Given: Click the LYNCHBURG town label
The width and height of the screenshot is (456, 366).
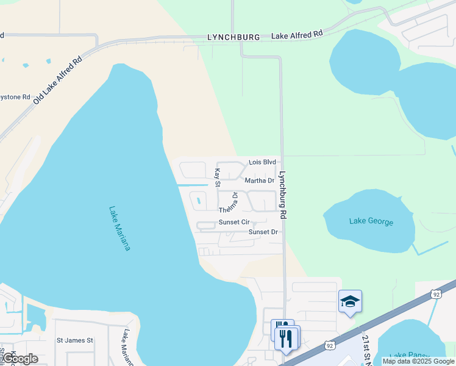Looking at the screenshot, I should pyautogui.click(x=233, y=37).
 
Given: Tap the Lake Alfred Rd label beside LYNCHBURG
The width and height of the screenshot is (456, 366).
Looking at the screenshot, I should pyautogui.click(x=297, y=36).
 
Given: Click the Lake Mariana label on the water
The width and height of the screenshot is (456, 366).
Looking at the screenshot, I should pyautogui.click(x=119, y=228).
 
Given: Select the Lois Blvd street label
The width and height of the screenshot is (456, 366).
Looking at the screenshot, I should pyautogui.click(x=263, y=162).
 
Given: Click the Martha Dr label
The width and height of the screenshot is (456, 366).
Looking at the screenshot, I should pyautogui.click(x=260, y=181).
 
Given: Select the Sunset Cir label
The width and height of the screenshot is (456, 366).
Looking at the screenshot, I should pyautogui.click(x=235, y=222).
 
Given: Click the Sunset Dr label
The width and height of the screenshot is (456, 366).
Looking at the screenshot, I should pyautogui.click(x=263, y=232).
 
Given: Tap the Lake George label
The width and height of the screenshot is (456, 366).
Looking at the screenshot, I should pyautogui.click(x=371, y=221).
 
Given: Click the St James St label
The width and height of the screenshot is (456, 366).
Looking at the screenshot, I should pyautogui.click(x=74, y=340).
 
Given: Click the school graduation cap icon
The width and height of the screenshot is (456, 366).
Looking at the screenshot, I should pyautogui.click(x=351, y=301).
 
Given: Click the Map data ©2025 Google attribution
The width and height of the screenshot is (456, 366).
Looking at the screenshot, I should pyautogui.click(x=418, y=361).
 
